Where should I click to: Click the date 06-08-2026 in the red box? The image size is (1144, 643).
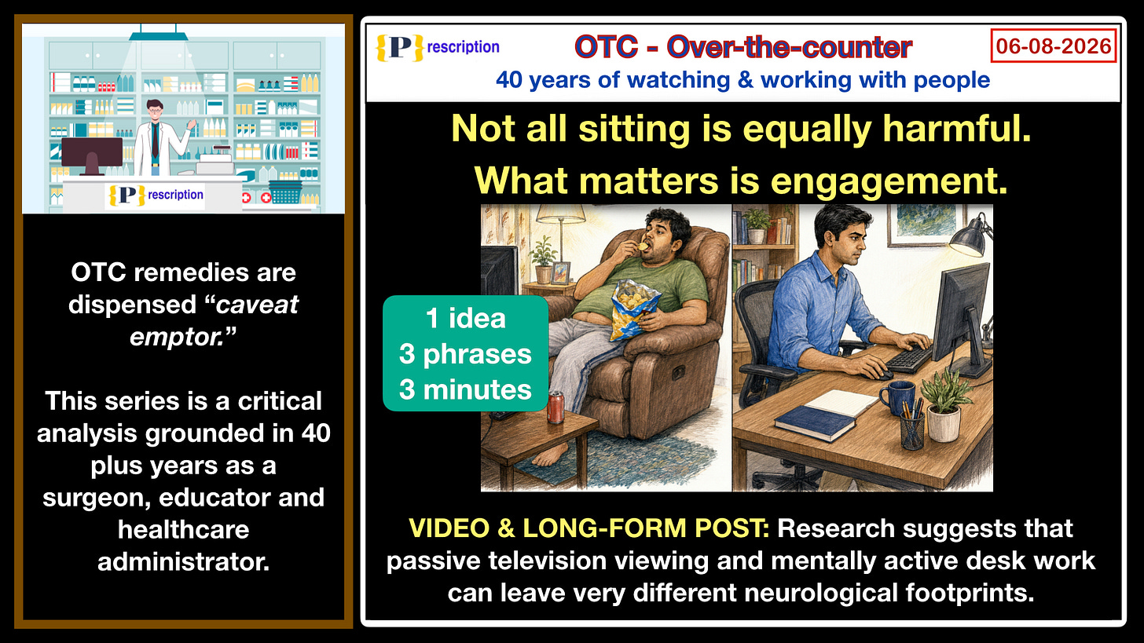(1054, 46)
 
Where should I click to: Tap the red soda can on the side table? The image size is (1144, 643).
(555, 407)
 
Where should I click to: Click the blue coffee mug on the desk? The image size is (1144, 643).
(896, 397)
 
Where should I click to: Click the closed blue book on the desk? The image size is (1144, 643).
(815, 423)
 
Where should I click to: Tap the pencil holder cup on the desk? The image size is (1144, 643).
(912, 432)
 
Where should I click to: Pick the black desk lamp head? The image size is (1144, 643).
(970, 240)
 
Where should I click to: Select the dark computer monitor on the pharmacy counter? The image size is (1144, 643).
(92, 153)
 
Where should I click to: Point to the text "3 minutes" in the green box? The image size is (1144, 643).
(465, 389)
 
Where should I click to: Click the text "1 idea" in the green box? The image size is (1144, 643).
(465, 319)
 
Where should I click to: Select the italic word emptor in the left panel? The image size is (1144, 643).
(177, 337)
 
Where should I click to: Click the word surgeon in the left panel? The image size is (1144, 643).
(97, 498)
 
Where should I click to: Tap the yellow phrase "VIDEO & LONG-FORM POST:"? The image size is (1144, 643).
(588, 528)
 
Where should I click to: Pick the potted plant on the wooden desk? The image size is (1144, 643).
(944, 406)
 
